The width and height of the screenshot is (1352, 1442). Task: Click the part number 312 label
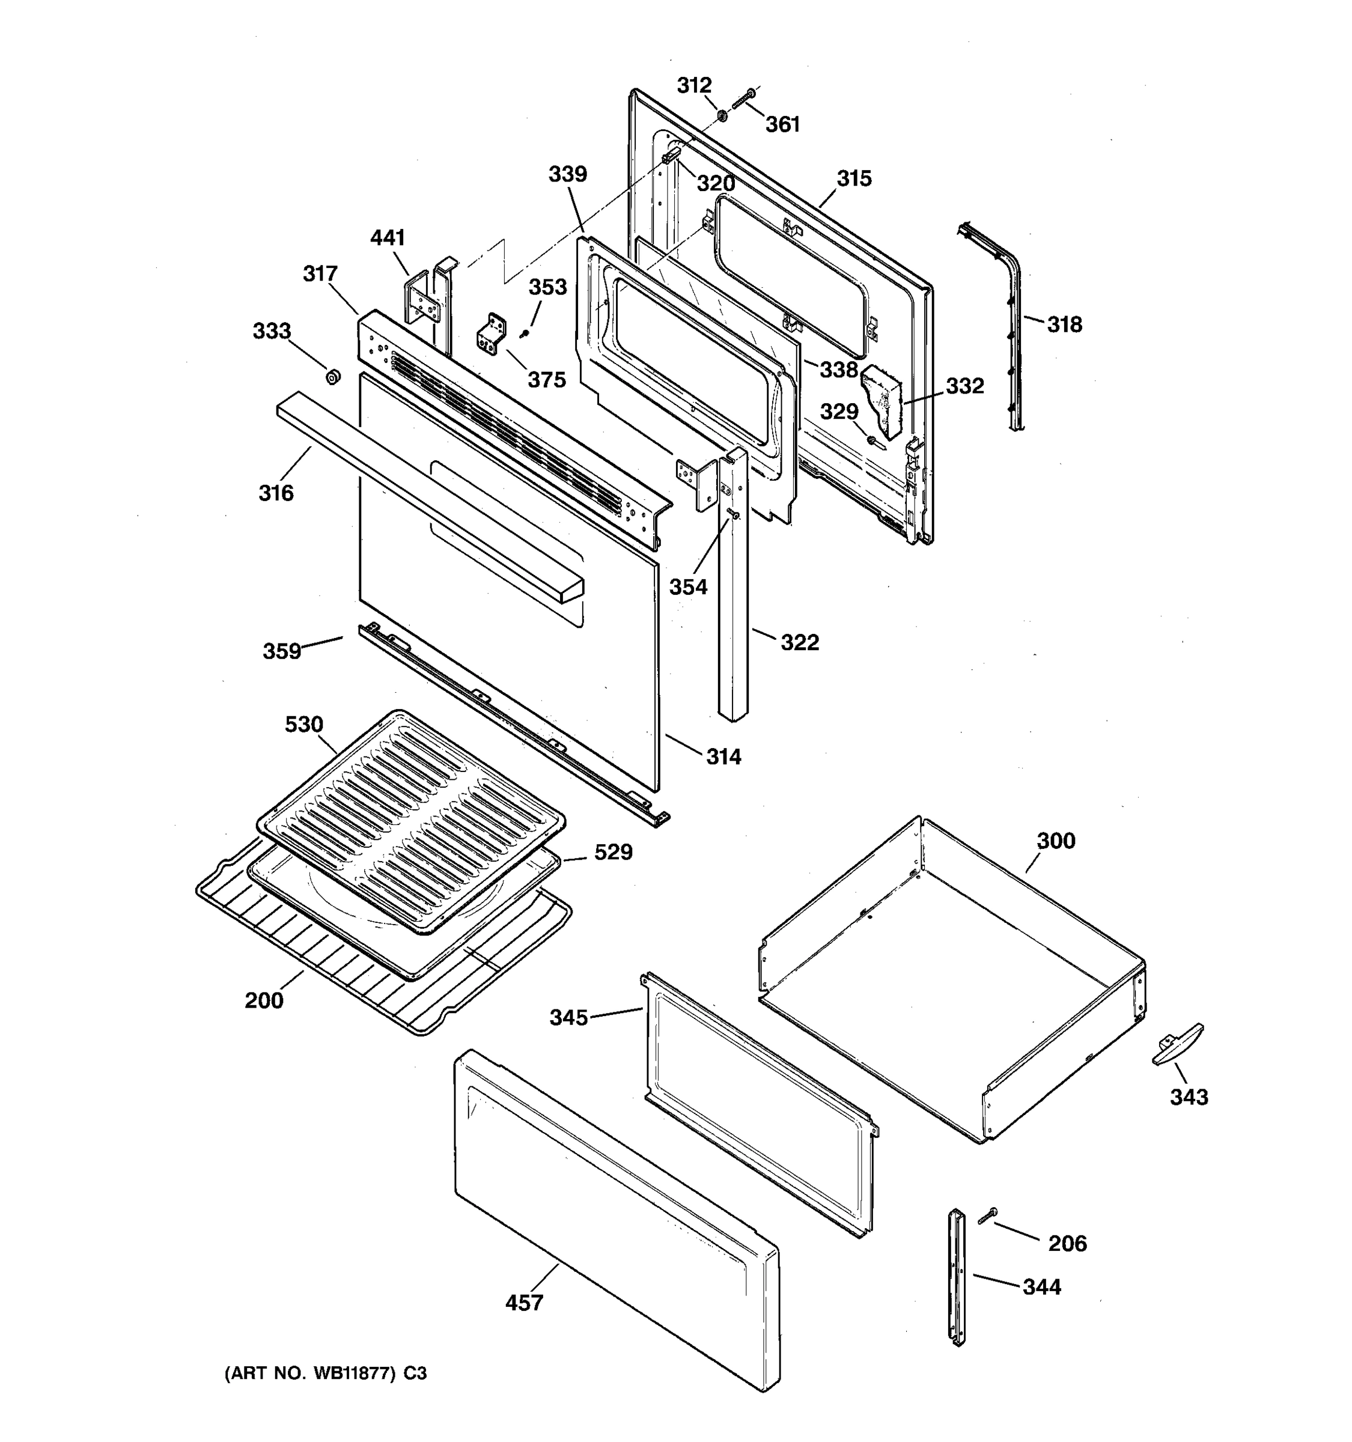click(694, 85)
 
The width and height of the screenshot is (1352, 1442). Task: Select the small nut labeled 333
click(333, 377)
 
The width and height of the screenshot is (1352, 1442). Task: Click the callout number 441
click(388, 238)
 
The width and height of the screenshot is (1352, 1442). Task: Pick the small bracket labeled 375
click(490, 336)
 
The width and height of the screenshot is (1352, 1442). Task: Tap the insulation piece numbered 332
click(882, 402)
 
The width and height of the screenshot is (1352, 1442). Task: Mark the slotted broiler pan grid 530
click(410, 820)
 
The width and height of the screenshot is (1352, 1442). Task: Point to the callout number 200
click(263, 1000)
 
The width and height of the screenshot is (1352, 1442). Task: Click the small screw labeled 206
click(987, 1214)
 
